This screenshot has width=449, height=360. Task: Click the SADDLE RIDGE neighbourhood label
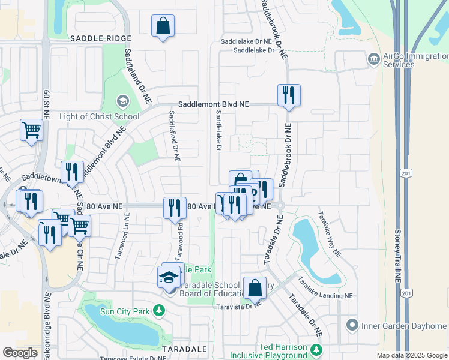click(x=100, y=38)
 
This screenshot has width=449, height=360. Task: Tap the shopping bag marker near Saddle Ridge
click(x=163, y=26)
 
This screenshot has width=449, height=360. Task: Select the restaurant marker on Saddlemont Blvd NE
click(x=289, y=96)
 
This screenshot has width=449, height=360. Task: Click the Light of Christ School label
click(x=100, y=116)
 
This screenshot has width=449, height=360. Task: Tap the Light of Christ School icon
click(x=122, y=101)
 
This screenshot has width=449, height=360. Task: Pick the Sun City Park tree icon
click(x=158, y=310)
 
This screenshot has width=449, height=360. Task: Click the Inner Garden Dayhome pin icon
click(x=352, y=326)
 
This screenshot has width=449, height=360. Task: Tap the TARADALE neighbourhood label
click(x=184, y=349)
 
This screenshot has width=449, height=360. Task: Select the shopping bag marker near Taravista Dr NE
click(x=255, y=287)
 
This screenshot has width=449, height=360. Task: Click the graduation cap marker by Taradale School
click(x=169, y=278)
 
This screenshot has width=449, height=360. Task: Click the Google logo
click(x=20, y=353)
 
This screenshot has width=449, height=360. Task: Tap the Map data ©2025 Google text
click(x=411, y=355)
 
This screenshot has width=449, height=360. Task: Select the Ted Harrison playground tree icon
click(x=316, y=347)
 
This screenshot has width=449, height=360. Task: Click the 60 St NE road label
click(x=46, y=103)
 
